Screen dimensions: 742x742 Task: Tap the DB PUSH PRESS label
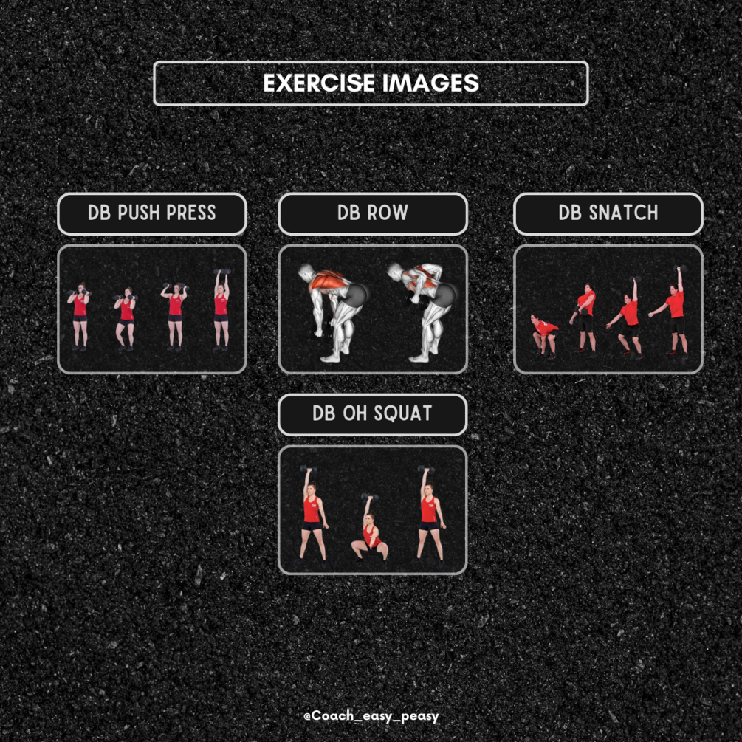(152, 213)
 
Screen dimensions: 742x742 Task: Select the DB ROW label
(373, 213)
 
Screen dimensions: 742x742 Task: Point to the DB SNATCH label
(608, 213)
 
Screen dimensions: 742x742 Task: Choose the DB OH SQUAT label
(372, 414)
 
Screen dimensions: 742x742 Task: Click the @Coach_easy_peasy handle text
(371, 716)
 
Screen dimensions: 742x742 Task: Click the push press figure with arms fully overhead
(221, 310)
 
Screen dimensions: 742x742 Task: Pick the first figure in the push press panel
(80, 316)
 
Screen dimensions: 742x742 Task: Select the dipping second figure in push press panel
(126, 319)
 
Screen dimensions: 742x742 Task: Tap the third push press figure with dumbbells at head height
(175, 316)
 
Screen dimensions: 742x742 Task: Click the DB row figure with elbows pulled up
(421, 312)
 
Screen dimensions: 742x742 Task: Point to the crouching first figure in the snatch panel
(543, 334)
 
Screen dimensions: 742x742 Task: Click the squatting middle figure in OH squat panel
(370, 529)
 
